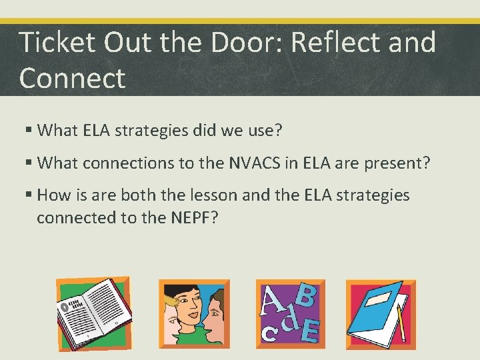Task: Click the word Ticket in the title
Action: (57, 43)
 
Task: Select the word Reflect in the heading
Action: (344, 43)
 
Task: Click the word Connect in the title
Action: (72, 77)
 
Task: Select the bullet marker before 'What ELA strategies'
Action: (28, 130)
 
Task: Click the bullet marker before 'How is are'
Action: (28, 195)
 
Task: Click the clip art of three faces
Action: (194, 313)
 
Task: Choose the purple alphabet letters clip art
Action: (290, 313)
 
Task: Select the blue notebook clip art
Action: (381, 314)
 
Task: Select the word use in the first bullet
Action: (261, 131)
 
